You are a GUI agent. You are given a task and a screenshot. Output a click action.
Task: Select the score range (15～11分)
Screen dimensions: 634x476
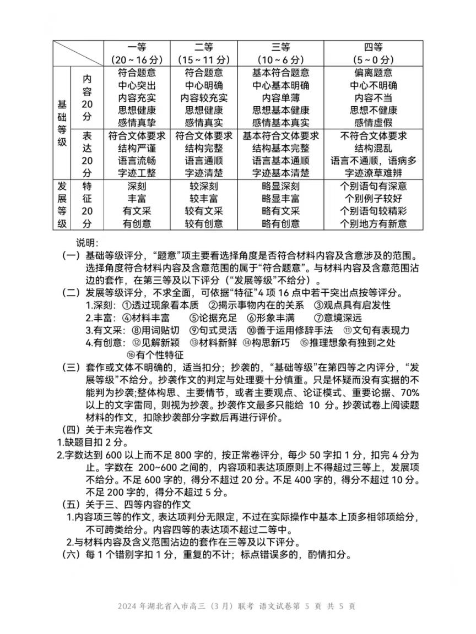coord(204,59)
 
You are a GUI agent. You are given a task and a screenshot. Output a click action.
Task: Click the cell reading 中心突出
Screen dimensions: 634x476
coord(137,85)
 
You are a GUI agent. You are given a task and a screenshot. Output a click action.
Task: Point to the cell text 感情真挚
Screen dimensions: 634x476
coord(137,123)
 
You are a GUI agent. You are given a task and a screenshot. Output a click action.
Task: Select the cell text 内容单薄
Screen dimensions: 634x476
coord(280,98)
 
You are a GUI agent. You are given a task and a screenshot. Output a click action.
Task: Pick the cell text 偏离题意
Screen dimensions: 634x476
coord(374,73)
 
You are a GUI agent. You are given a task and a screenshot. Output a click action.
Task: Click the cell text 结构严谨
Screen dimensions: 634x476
coord(137,148)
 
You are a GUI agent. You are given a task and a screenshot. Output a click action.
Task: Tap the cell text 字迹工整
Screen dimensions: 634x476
coord(137,173)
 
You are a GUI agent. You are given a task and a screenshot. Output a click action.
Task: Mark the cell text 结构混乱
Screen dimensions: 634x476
coord(374,148)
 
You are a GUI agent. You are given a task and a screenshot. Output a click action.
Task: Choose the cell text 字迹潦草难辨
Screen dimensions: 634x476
coord(374,173)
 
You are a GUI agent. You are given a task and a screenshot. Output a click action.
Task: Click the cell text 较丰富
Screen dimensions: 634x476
coord(204,198)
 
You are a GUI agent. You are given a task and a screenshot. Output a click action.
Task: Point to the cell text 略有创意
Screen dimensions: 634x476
coord(280,223)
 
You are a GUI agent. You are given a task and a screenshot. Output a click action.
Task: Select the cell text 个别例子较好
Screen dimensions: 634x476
coord(374,198)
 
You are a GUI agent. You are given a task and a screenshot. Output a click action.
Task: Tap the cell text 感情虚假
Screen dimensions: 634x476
coord(374,123)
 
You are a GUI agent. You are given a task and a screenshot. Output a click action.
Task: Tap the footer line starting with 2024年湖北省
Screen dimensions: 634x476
coord(236,606)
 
